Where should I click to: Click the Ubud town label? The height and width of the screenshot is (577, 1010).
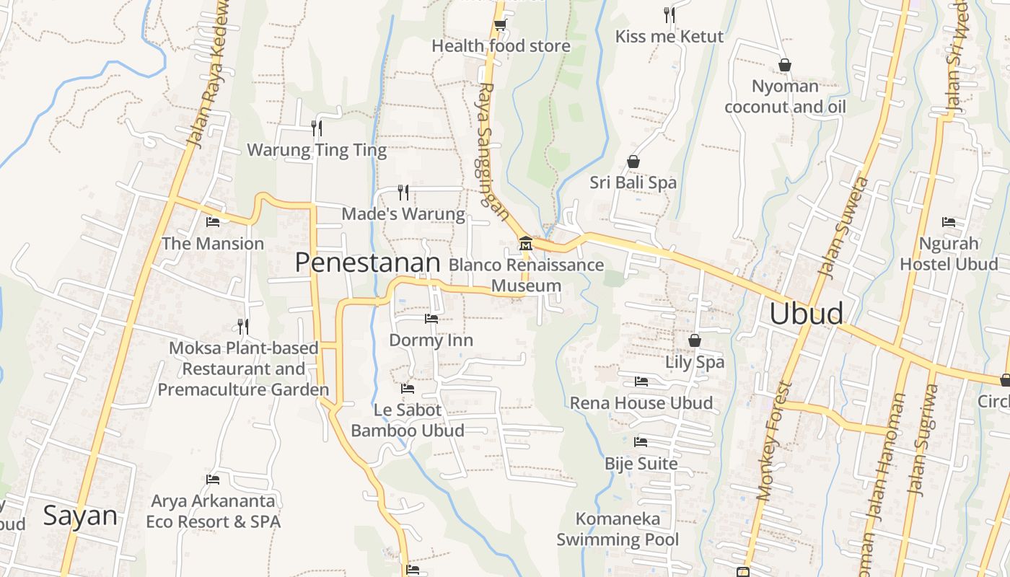[x=806, y=314]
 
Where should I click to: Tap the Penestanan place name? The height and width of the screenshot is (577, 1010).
[x=367, y=263]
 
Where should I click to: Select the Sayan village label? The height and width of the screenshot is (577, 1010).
[x=79, y=516]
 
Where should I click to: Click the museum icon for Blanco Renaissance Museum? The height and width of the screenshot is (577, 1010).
[x=525, y=244]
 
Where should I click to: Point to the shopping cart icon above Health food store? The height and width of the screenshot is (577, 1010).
[x=499, y=25]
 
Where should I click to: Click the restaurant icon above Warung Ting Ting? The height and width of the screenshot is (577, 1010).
[x=316, y=128]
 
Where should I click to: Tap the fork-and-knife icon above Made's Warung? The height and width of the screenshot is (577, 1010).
[x=403, y=192]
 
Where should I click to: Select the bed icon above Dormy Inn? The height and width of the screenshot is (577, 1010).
[x=431, y=318]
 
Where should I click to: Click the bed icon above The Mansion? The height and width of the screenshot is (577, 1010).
[x=213, y=221]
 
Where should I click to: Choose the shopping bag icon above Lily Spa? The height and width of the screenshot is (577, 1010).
[x=694, y=340]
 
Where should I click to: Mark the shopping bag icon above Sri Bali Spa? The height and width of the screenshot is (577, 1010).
[x=633, y=162]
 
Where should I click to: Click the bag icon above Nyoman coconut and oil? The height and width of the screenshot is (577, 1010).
[x=785, y=65]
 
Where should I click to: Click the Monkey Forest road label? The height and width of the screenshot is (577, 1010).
[x=774, y=441]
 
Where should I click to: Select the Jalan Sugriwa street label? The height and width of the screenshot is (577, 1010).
[x=924, y=440]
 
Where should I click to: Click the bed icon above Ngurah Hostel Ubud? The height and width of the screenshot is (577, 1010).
[x=949, y=222]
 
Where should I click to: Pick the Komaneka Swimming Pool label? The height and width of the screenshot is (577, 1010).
[x=618, y=529]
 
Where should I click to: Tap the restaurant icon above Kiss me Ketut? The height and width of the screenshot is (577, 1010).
[x=669, y=14]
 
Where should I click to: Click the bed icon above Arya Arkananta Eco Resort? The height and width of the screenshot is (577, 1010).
[x=213, y=479]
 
